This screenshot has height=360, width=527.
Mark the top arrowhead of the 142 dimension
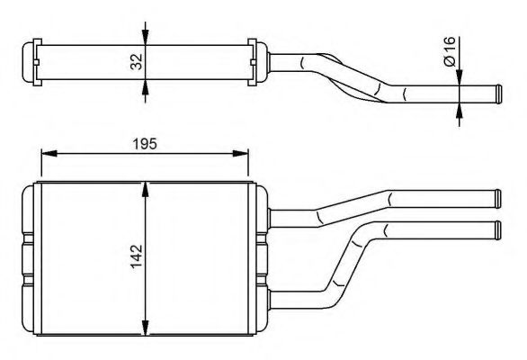coord(146,187)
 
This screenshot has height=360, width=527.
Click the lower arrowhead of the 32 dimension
coord(146,87)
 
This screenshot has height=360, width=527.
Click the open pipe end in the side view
coord(494,93)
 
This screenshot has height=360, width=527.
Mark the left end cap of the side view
coord(32,61)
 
